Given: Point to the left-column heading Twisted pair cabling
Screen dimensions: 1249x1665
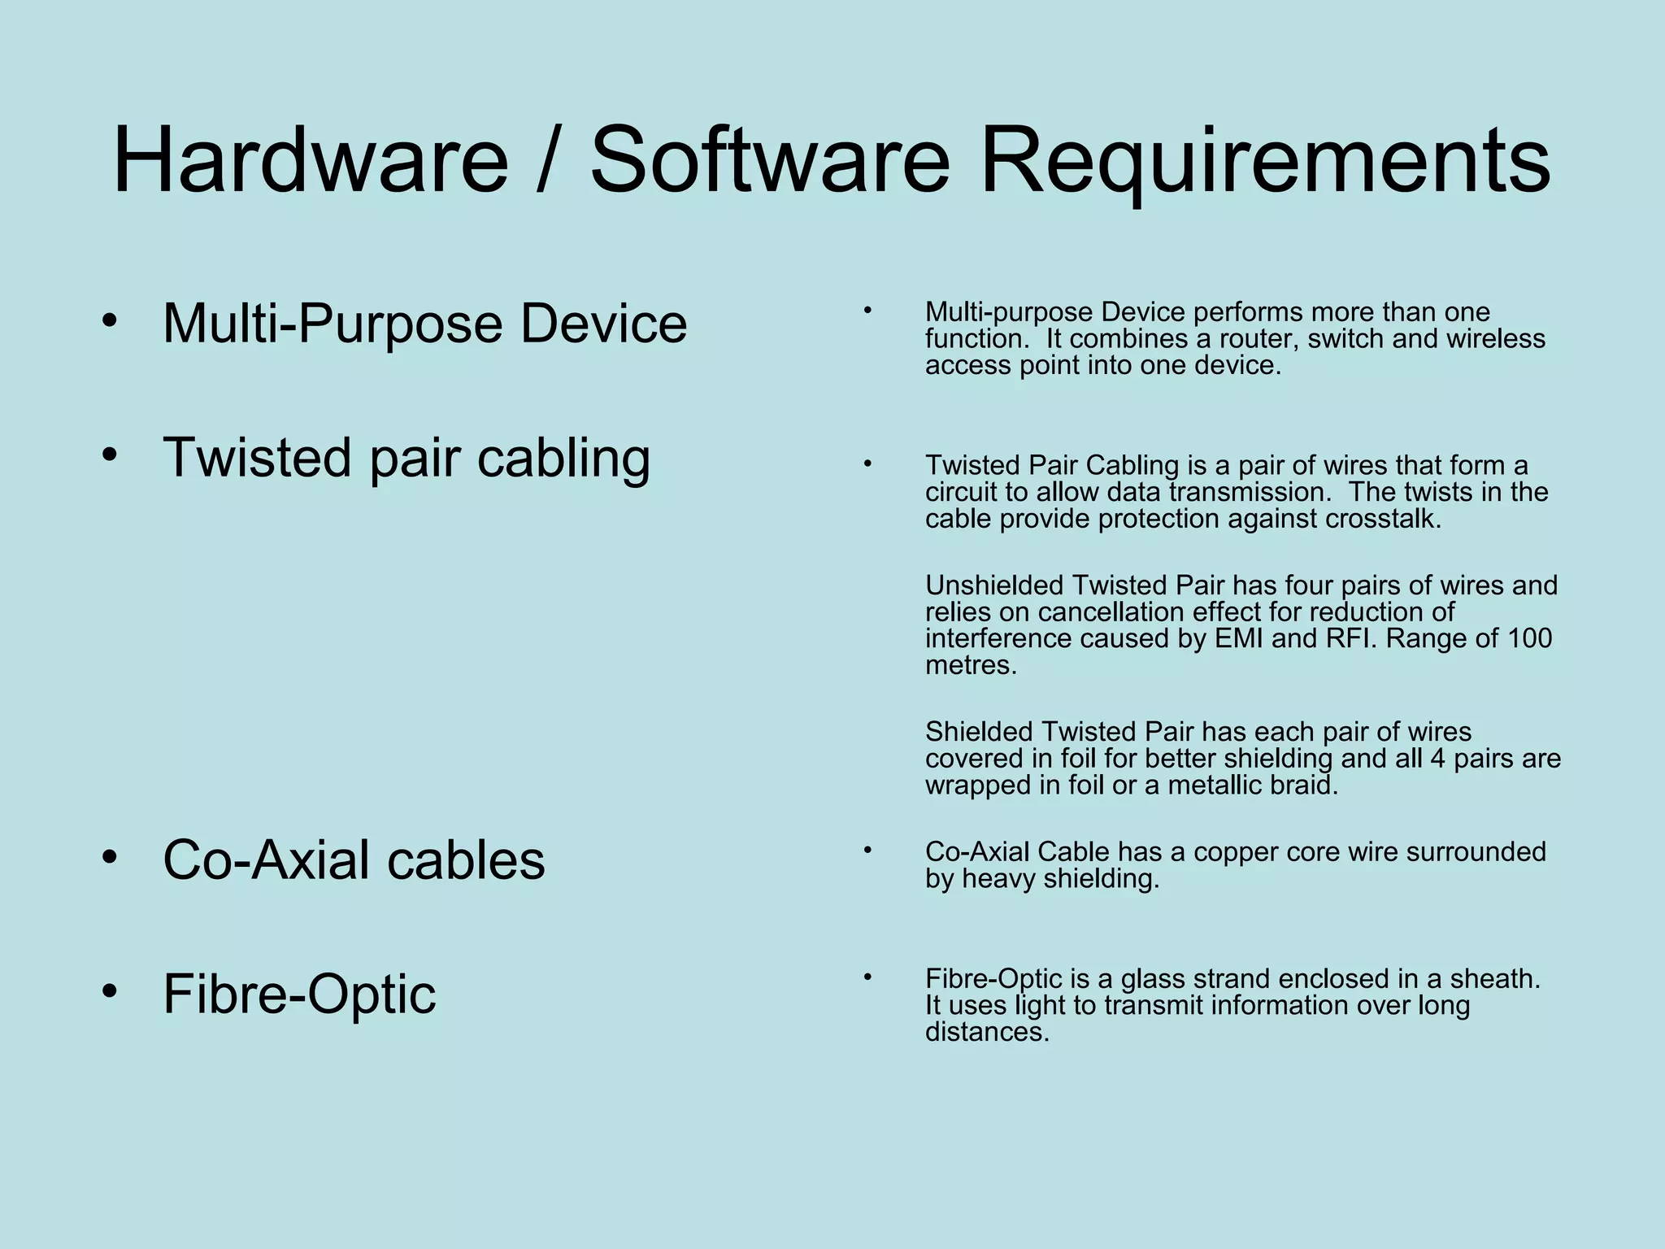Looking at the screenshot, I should click(406, 458).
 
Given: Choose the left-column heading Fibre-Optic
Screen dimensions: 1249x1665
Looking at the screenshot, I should click(299, 994).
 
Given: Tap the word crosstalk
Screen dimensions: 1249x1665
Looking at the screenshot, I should click(1382, 519).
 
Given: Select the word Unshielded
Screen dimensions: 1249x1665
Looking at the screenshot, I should click(993, 585).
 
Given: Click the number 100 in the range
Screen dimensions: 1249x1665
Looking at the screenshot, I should click(1529, 639).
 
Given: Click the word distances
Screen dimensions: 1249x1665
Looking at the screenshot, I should click(987, 1033).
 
